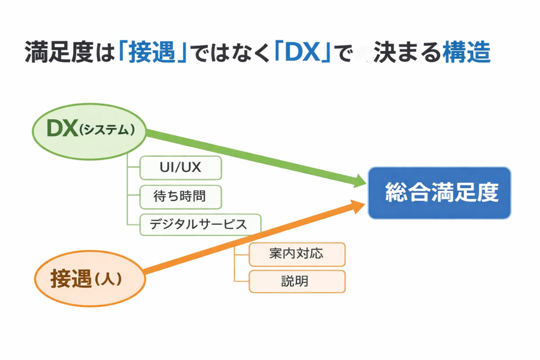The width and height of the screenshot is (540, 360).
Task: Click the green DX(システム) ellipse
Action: pyautogui.click(x=89, y=130)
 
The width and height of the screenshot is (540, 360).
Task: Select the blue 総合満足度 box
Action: pyautogui.click(x=439, y=193)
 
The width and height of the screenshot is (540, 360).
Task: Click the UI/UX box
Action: pyautogui.click(x=180, y=168)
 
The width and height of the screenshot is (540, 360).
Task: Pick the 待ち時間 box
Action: pyautogui.click(x=180, y=197)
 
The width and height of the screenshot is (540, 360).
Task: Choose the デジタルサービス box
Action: pyautogui.click(x=200, y=225)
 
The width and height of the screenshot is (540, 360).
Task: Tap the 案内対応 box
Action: pyautogui.click(x=297, y=254)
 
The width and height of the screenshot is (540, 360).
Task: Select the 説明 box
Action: pyautogui.click(x=297, y=281)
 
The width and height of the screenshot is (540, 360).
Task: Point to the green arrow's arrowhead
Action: pyautogui.click(x=360, y=182)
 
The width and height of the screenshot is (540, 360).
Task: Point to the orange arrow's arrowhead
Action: pyautogui.click(x=360, y=205)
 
